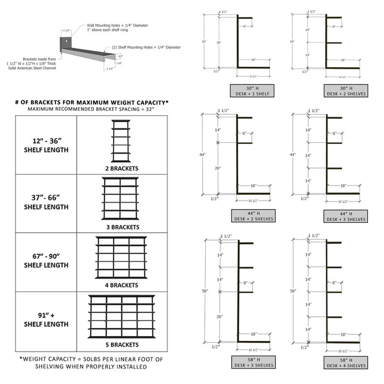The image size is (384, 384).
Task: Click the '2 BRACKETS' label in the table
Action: [122, 169]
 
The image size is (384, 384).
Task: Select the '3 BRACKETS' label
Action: [122, 227]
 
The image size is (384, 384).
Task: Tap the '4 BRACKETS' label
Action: [122, 285]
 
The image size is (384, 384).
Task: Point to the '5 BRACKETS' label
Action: [122, 345]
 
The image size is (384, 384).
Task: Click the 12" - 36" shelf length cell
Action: [46, 145]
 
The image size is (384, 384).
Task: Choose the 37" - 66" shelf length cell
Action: [46, 203]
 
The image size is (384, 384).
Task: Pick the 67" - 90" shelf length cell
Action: [46, 261]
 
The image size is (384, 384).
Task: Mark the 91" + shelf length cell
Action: [46, 319]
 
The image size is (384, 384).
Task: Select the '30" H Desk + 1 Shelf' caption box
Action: [252, 90]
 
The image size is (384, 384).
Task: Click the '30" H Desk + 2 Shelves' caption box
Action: [345, 90]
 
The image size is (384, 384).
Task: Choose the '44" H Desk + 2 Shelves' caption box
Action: [252, 215]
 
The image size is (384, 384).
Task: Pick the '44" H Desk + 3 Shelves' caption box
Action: [345, 215]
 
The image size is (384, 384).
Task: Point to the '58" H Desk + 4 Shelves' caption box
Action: [345, 362]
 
